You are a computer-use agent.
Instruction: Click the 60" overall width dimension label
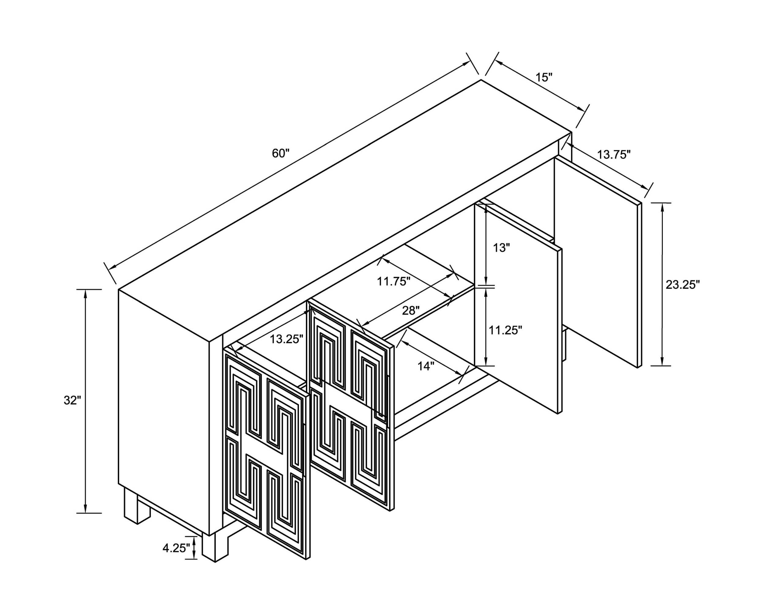coord(281,153)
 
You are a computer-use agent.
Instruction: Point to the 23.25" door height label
coord(682,284)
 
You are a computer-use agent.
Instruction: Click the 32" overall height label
coord(73,400)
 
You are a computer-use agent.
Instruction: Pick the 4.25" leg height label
coord(176,548)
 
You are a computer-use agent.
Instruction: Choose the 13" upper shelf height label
coord(501,247)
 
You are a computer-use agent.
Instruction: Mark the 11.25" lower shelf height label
coord(505,330)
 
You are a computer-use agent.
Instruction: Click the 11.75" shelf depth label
coord(394,282)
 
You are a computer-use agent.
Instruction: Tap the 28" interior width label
coord(411,311)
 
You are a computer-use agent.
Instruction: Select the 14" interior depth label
coord(426,366)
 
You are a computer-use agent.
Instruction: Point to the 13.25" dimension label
coord(286,339)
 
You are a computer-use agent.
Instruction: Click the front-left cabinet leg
coord(215,547)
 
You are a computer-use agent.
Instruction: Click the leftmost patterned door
coord(267,456)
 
